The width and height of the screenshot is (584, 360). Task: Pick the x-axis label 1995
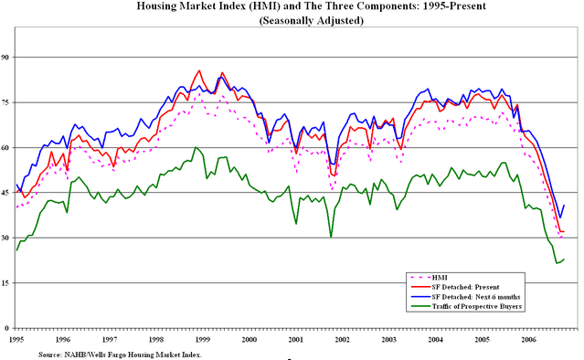16,339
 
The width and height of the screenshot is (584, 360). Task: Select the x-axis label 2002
342,339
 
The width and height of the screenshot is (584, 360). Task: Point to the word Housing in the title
160,6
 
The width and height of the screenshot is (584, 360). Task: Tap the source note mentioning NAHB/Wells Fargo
119,353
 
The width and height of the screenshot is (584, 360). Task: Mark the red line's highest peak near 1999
199,70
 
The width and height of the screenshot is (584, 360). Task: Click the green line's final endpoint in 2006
564,259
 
